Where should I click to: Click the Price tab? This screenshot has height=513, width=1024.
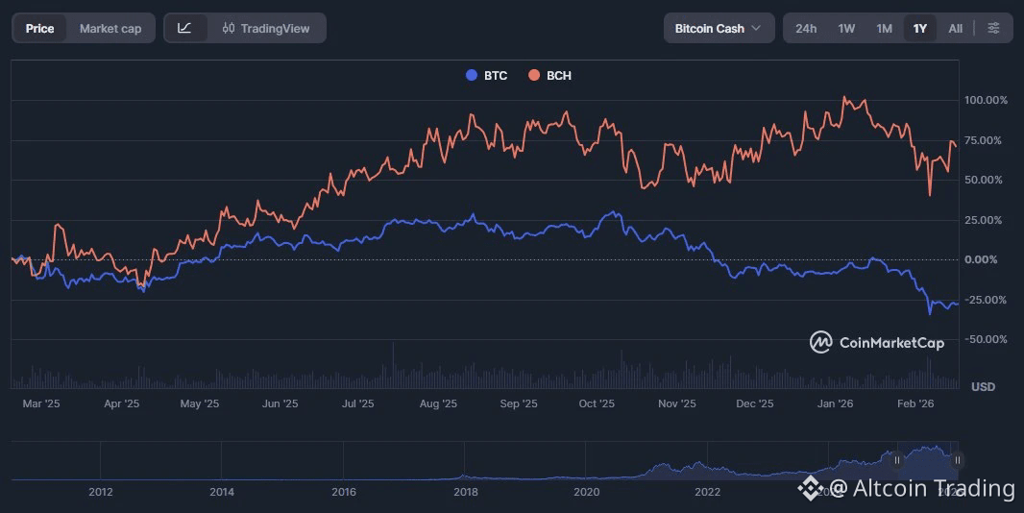pyautogui.click(x=39, y=28)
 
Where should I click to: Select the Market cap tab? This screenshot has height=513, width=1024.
pyautogui.click(x=110, y=28)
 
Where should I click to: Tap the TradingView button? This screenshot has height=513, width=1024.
pyautogui.click(x=266, y=28)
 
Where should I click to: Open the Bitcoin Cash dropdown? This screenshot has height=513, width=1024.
pyautogui.click(x=718, y=28)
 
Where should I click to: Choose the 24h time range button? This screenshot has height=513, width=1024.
pyautogui.click(x=806, y=28)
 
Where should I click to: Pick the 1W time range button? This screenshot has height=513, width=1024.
pyautogui.click(x=846, y=28)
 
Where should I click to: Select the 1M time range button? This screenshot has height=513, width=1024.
pyautogui.click(x=884, y=28)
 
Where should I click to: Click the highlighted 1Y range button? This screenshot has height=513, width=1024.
pyautogui.click(x=920, y=28)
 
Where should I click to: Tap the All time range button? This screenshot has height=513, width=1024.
pyautogui.click(x=955, y=28)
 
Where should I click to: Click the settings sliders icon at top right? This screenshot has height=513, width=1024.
pyautogui.click(x=993, y=28)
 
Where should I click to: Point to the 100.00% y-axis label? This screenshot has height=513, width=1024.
pyautogui.click(x=986, y=100)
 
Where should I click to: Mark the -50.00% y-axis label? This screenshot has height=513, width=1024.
pyautogui.click(x=986, y=339)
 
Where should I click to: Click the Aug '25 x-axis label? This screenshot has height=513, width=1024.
pyautogui.click(x=438, y=404)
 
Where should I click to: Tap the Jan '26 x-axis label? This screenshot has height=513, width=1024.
pyautogui.click(x=836, y=404)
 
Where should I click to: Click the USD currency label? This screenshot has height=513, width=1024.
pyautogui.click(x=983, y=386)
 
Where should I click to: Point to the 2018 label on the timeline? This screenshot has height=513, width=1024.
pyautogui.click(x=465, y=492)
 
